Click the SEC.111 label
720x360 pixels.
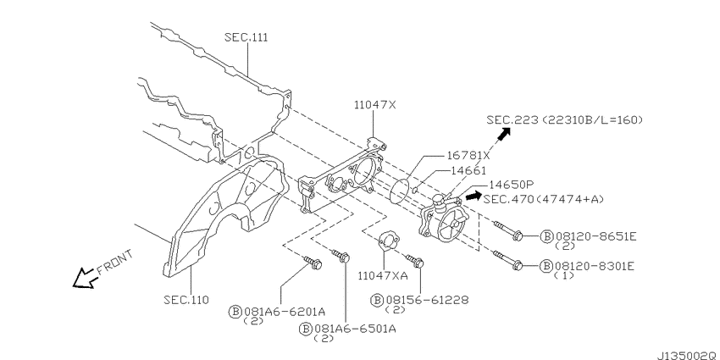(x=246, y=37)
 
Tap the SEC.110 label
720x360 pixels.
(x=186, y=300)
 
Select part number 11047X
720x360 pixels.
(x=374, y=105)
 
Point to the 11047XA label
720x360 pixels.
(x=383, y=275)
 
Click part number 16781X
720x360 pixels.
(x=468, y=155)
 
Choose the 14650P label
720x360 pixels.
(x=511, y=185)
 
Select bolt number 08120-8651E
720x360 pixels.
(x=596, y=236)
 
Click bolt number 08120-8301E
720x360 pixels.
(x=595, y=266)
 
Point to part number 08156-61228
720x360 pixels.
(x=428, y=300)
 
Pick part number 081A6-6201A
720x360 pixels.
(x=285, y=312)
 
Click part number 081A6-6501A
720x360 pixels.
(x=354, y=329)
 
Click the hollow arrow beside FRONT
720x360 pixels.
(x=84, y=278)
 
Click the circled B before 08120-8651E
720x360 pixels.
(x=547, y=236)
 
